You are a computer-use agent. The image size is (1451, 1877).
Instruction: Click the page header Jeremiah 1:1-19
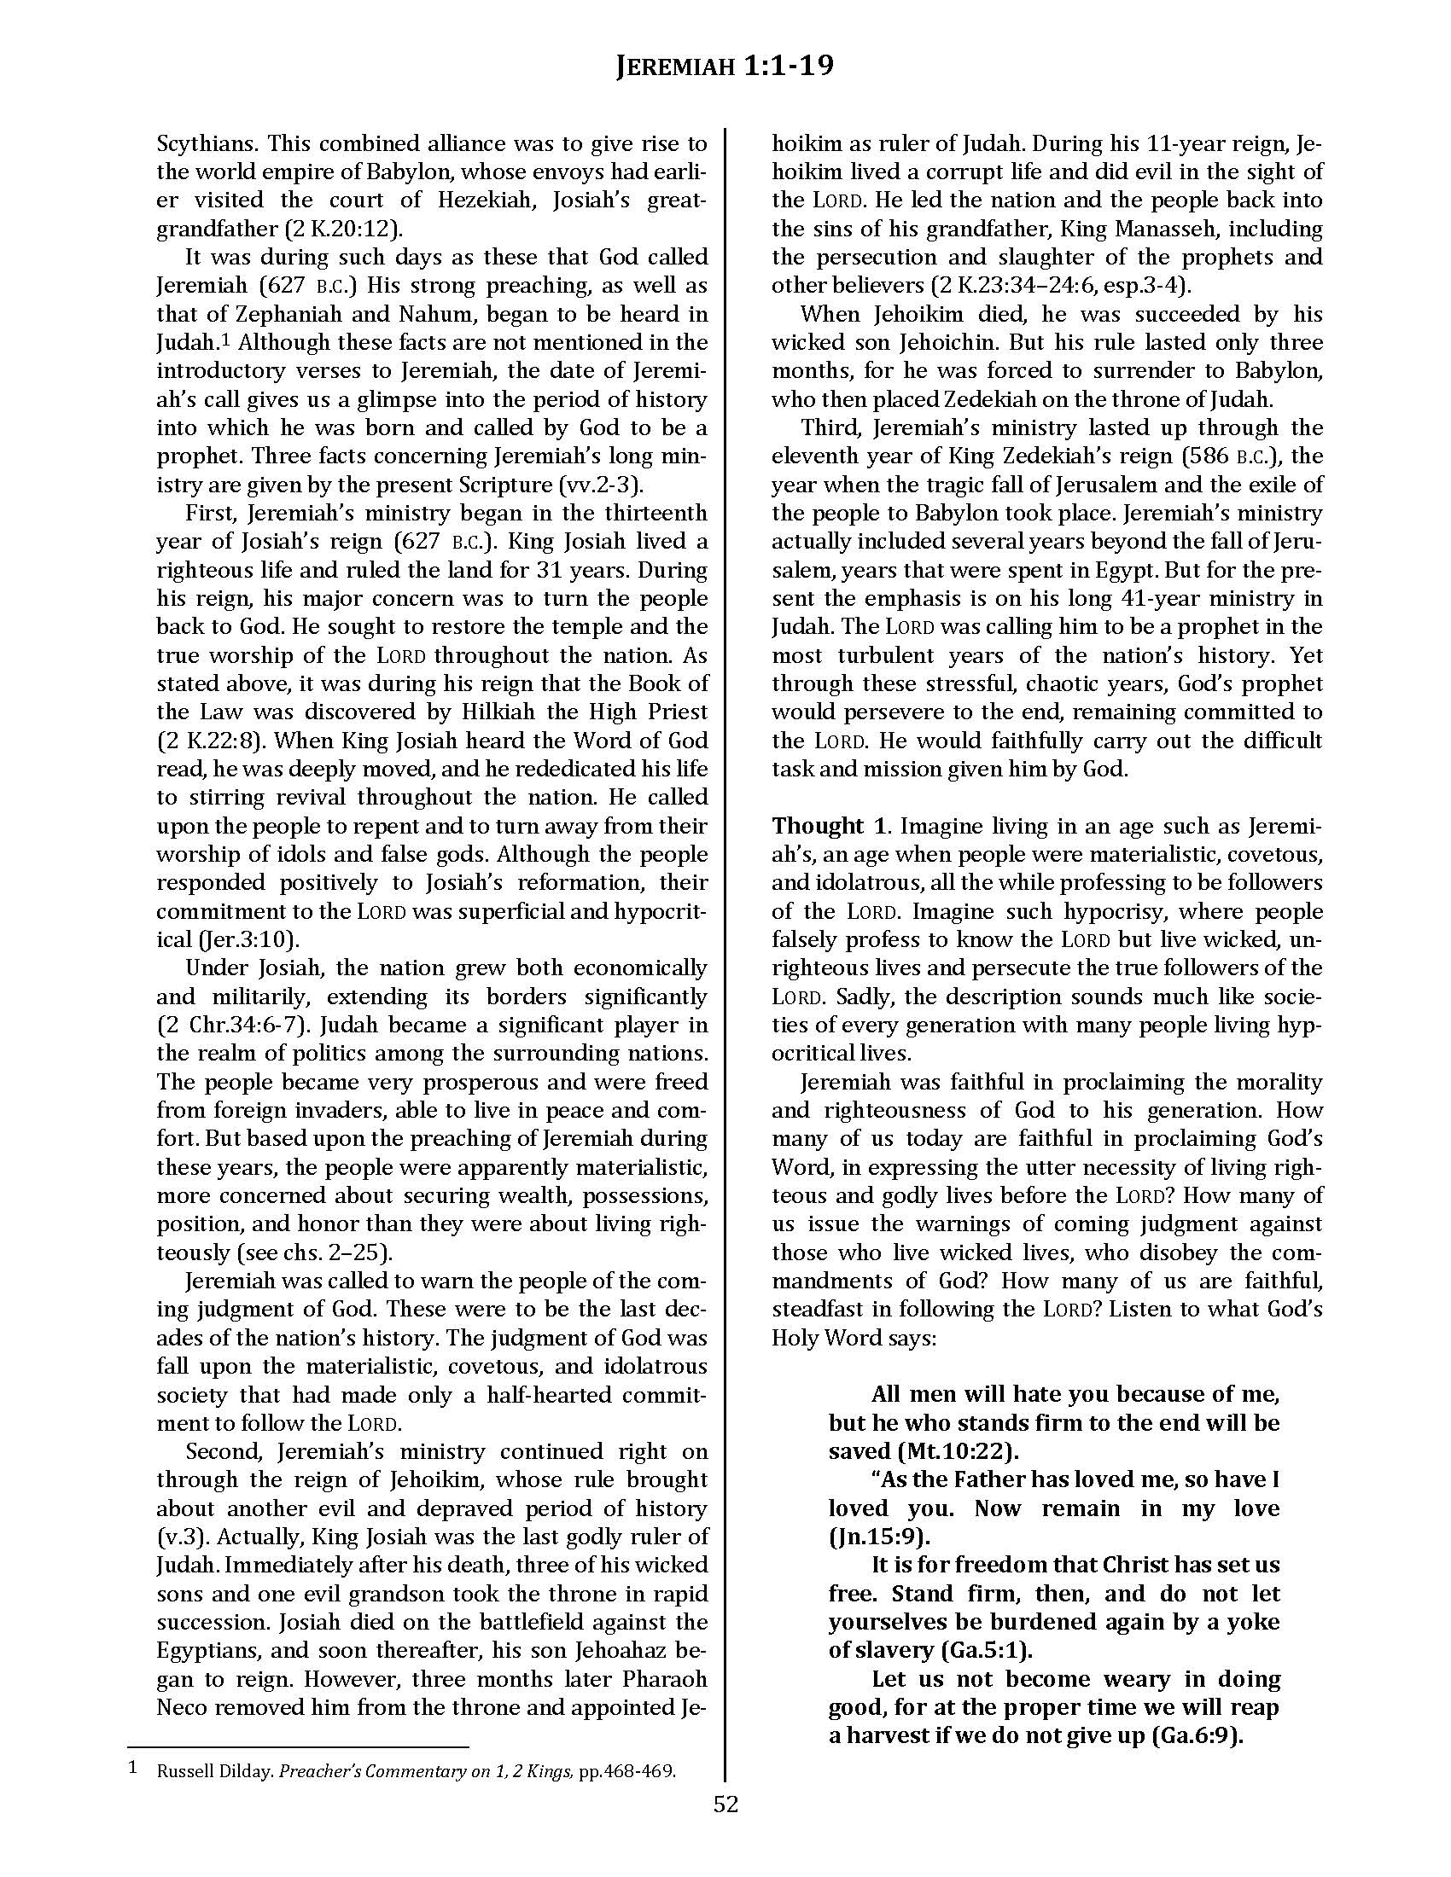coord(725,66)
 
